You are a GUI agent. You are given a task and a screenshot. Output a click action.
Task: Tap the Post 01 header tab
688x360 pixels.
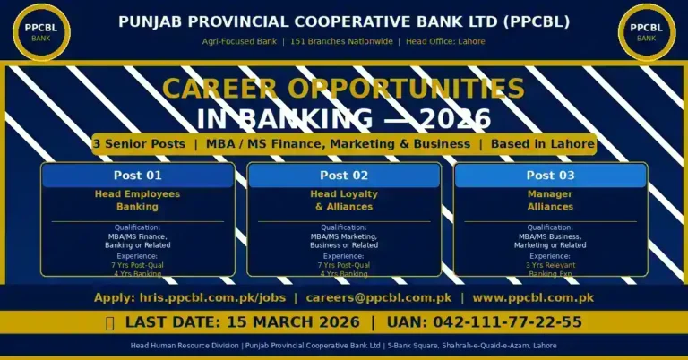[138, 176]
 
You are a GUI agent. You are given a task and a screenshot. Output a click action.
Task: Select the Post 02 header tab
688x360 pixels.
[344, 176]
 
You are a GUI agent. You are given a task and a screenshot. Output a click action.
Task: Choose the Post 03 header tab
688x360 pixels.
[550, 176]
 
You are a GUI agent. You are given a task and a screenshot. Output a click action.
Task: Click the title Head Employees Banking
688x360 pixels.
[138, 200]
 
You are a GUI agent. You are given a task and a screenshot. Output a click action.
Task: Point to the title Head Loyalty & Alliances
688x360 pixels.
[344, 200]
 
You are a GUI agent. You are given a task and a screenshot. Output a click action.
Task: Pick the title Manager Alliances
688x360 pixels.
[550, 200]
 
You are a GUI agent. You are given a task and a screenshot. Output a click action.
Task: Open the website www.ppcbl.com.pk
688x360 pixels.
[533, 297]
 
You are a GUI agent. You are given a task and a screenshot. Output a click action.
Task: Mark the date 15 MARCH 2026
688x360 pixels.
[288, 322]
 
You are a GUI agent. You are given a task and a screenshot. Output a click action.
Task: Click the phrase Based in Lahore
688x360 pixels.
[542, 144]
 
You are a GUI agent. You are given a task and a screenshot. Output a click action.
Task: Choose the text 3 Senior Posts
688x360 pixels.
[139, 144]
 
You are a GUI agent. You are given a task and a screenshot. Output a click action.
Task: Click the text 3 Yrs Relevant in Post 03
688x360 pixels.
[550, 265]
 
